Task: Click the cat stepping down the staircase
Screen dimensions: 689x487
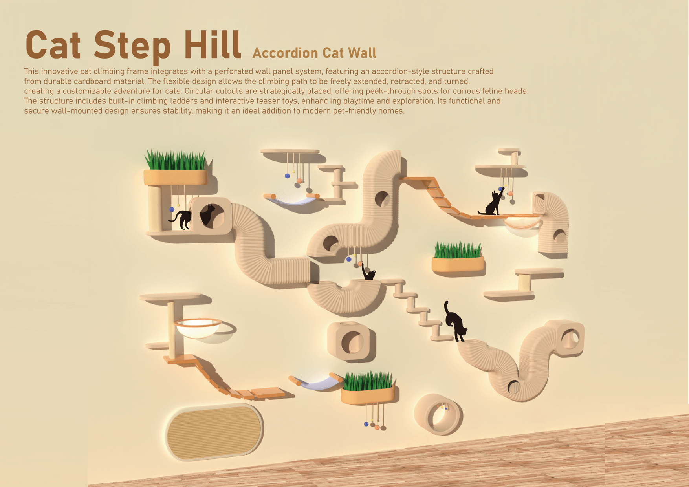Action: point(455,321)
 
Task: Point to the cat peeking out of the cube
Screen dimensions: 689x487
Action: point(207,215)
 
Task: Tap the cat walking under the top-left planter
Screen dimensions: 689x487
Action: point(181,220)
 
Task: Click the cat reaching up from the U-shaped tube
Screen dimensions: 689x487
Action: point(368,272)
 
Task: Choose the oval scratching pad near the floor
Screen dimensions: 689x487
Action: point(214,432)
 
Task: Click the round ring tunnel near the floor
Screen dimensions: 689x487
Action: point(438,414)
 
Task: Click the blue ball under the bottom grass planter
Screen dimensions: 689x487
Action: point(366,424)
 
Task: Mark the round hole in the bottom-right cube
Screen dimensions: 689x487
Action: point(570,338)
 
